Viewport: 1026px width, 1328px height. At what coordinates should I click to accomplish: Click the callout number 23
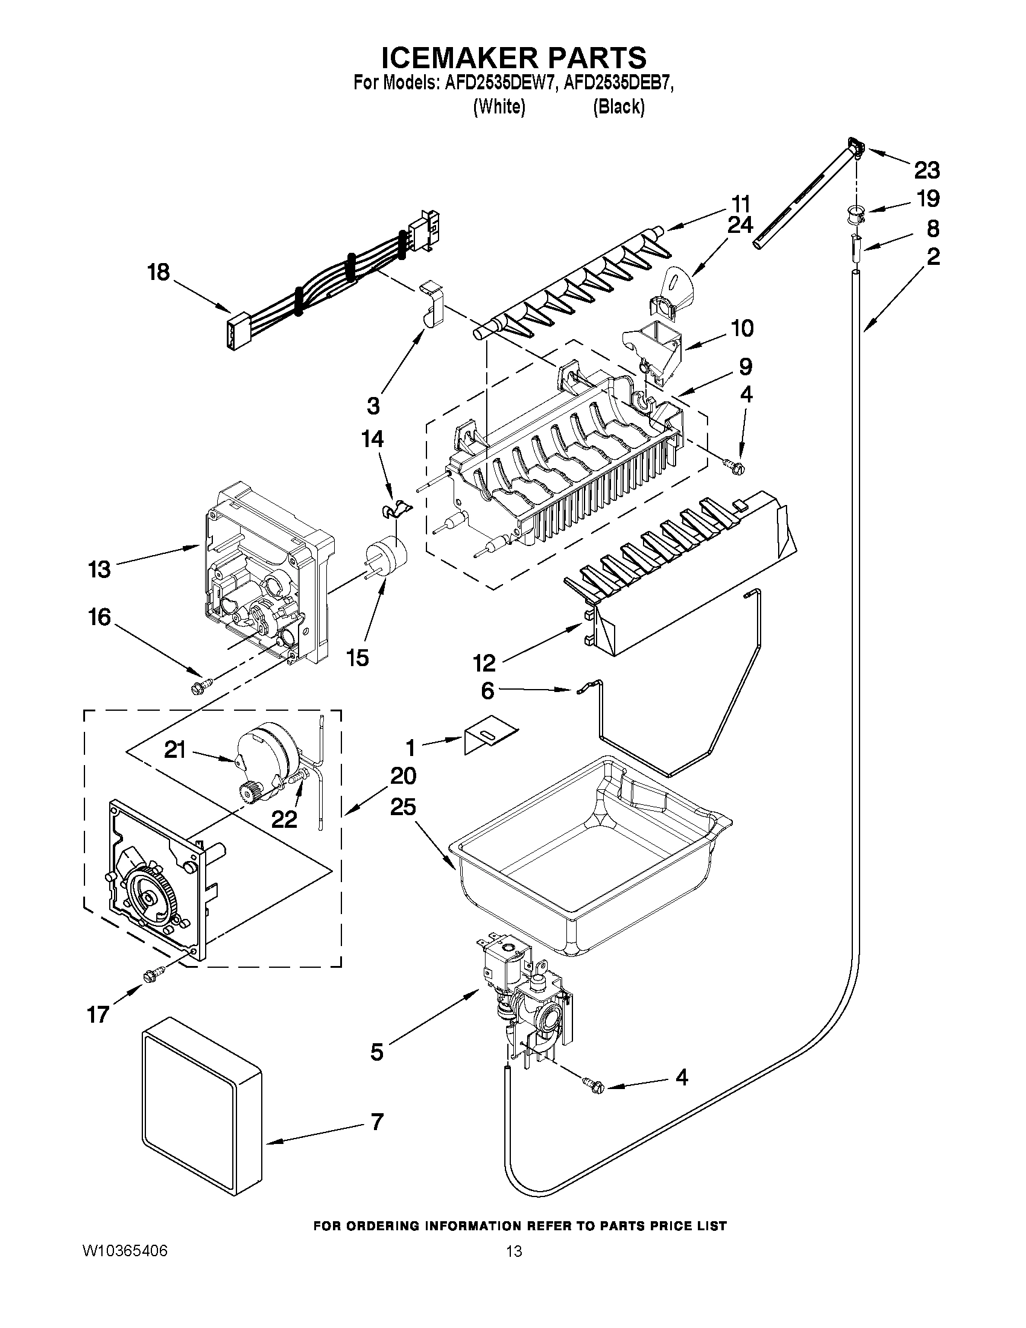[926, 170]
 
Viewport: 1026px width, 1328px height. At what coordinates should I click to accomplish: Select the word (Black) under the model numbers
[618, 107]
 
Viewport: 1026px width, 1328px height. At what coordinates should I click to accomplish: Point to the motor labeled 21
[267, 754]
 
